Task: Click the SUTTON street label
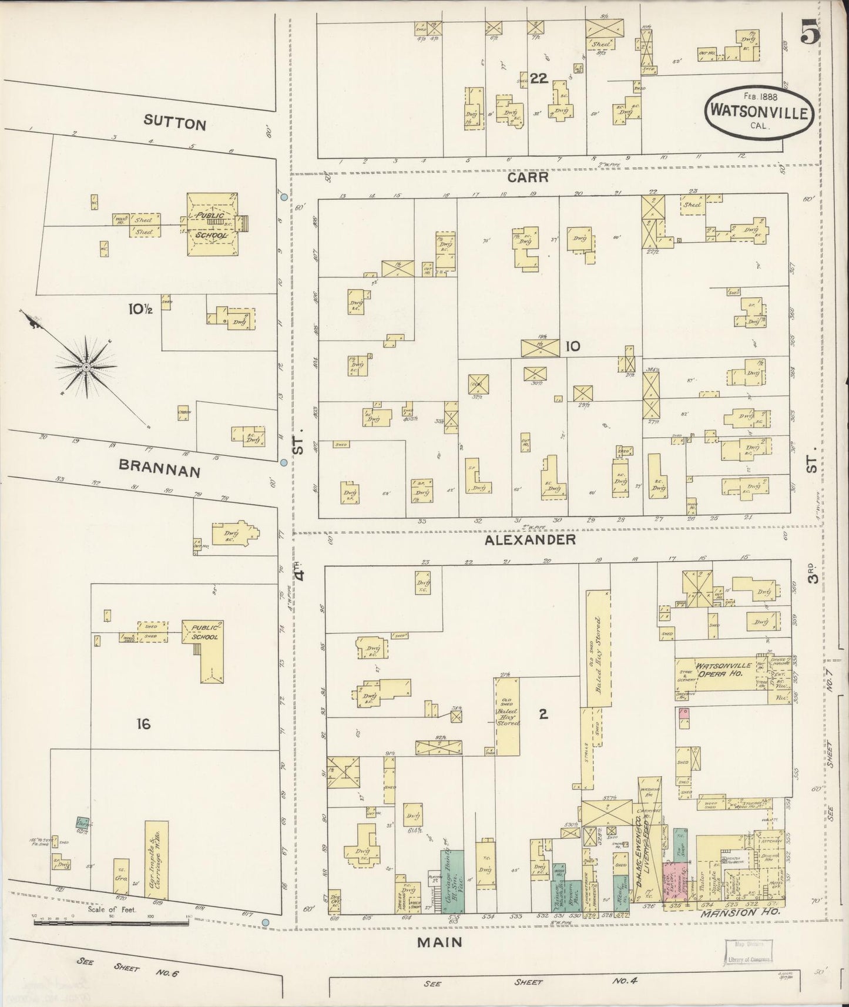pyautogui.click(x=176, y=125)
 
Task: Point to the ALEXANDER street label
pyautogui.click(x=529, y=539)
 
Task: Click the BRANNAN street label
pyautogui.click(x=160, y=470)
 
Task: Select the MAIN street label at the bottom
pyautogui.click(x=439, y=942)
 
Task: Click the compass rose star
pyautogui.click(x=86, y=367)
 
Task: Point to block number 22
pyautogui.click(x=538, y=78)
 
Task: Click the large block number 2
pyautogui.click(x=543, y=714)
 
